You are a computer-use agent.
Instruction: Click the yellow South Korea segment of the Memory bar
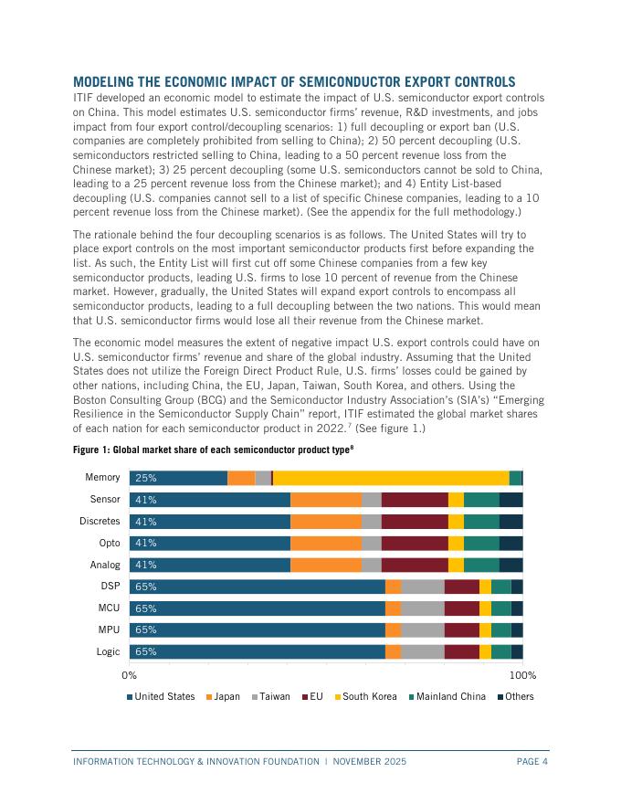coord(391,478)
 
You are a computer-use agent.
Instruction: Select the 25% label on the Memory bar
coord(146,478)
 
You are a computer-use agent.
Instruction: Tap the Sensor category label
coord(104,500)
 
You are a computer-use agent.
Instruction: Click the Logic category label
coord(108,651)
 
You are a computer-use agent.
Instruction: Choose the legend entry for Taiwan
coord(270,697)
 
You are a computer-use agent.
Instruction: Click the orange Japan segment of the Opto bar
coord(325,543)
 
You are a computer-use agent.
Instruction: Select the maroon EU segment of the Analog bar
coord(415,565)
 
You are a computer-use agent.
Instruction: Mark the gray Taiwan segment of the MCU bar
coord(422,608)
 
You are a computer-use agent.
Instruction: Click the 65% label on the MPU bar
coord(146,629)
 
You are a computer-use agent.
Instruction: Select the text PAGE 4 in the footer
coord(532,761)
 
